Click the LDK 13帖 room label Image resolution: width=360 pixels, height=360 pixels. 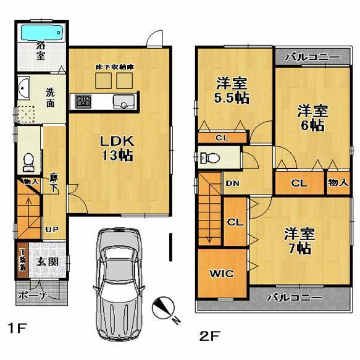click(x=117, y=148)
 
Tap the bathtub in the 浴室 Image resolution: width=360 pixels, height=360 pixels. click(x=42, y=32)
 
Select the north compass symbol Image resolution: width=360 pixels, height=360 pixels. click(x=163, y=309)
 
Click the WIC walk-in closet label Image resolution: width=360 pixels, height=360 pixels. click(x=221, y=273)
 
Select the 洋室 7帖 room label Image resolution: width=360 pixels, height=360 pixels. click(x=299, y=241)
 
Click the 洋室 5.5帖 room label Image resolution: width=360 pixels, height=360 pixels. click(x=232, y=90)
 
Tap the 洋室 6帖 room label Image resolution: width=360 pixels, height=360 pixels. click(x=311, y=118)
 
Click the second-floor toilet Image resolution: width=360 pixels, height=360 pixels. click(x=209, y=157)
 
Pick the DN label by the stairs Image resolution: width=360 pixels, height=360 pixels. click(x=232, y=183)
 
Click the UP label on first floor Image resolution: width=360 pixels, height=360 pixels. click(x=51, y=230)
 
